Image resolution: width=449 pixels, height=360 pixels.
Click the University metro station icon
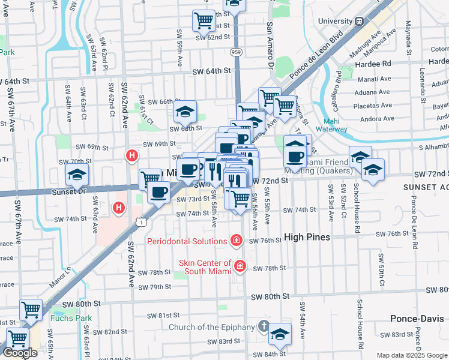(359, 21)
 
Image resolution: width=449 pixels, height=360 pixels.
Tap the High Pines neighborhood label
(307, 238)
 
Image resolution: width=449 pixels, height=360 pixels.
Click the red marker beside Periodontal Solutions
(237, 241)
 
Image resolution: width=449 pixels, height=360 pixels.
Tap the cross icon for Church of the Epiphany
(263, 326)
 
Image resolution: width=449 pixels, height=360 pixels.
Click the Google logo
(20, 353)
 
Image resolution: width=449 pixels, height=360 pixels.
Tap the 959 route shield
(236, 52)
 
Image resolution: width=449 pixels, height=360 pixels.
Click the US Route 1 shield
(140, 222)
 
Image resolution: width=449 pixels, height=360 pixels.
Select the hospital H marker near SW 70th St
(131, 157)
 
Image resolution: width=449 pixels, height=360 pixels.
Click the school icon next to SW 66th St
(185, 111)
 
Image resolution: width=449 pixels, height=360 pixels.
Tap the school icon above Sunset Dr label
(77, 176)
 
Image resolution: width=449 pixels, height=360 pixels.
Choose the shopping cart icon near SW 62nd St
(204, 20)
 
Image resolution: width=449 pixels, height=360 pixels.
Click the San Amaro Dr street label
(271, 46)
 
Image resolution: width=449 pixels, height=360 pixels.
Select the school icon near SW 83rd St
(279, 334)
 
